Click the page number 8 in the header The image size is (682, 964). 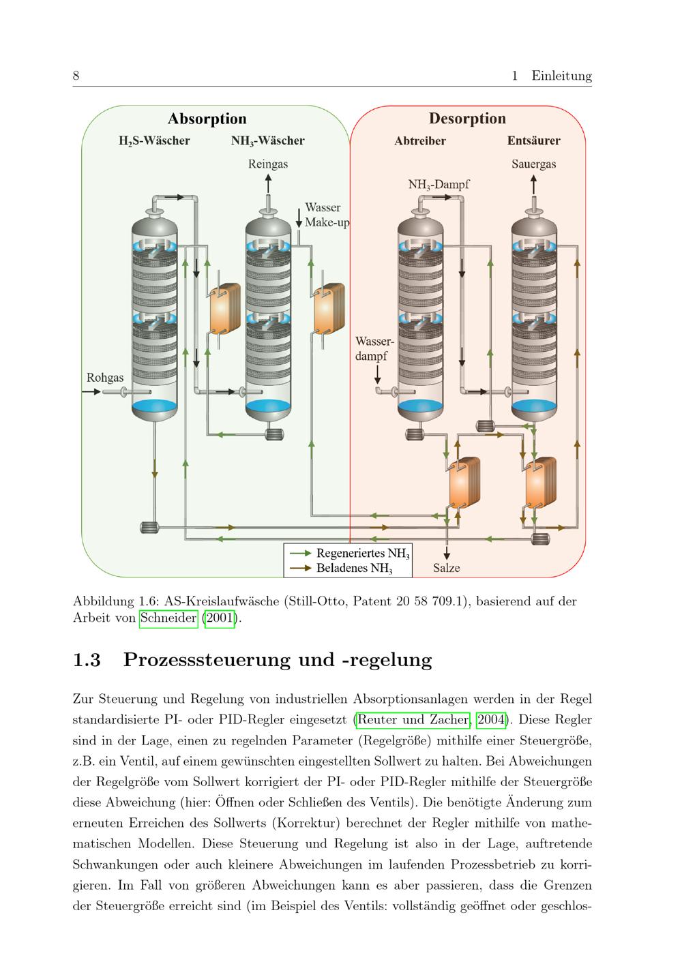(76, 76)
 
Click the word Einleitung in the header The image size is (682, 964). (561, 76)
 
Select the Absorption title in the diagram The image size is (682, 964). (207, 119)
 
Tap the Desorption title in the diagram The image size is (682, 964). (467, 119)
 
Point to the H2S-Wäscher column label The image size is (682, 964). (154, 140)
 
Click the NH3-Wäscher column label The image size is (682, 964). (267, 140)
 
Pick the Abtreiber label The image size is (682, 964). (420, 140)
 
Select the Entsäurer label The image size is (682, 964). (533, 140)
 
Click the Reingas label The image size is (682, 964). (268, 164)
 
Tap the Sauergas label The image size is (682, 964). (533, 164)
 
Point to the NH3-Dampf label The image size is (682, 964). (439, 185)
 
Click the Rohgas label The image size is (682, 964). (105, 378)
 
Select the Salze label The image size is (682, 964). (446, 568)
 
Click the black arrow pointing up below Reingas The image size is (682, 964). (268, 184)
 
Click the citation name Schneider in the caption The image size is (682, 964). (168, 618)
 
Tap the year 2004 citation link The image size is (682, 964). (491, 719)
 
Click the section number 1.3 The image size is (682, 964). (87, 660)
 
